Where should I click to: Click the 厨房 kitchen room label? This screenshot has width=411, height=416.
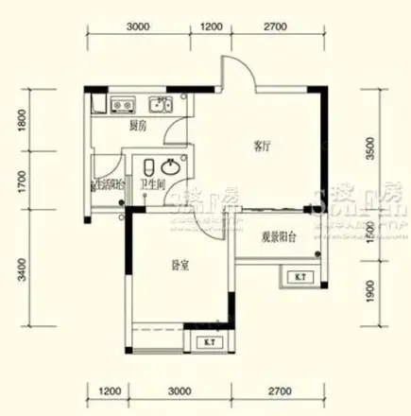(x=137, y=124)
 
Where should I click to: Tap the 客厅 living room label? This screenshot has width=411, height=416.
(x=262, y=147)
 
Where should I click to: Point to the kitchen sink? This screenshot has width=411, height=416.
(x=156, y=104)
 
